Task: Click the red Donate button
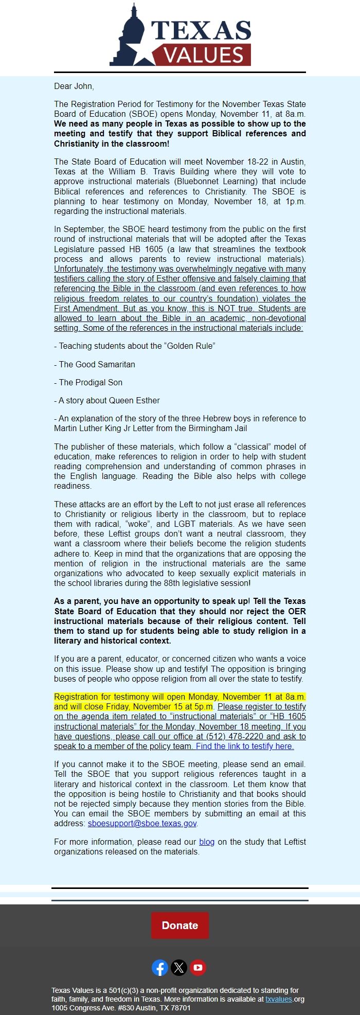[x=180, y=925]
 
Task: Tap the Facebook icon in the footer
[x=160, y=968]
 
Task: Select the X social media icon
[x=179, y=968]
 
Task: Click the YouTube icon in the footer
[x=198, y=968]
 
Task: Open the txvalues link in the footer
[x=278, y=999]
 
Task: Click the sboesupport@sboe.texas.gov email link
[x=142, y=823]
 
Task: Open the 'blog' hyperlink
[x=207, y=842]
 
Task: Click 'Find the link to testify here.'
[x=245, y=746]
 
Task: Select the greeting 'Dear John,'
[x=74, y=86]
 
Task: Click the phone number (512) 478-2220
[x=230, y=736]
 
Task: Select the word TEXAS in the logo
[x=201, y=31]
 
